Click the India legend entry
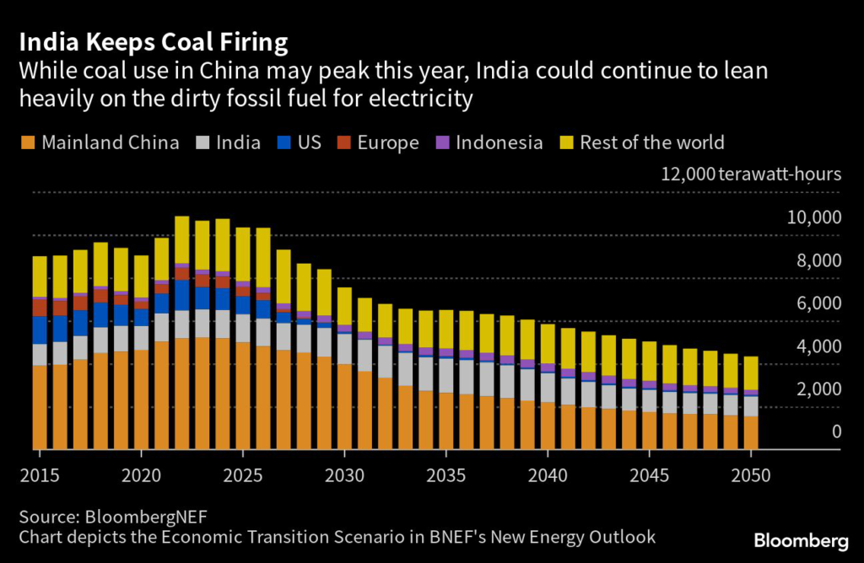click(x=227, y=142)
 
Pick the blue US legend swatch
click(x=283, y=142)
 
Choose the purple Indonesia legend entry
click(x=489, y=142)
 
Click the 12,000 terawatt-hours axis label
click(x=751, y=175)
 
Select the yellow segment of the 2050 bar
click(x=751, y=373)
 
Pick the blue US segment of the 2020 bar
click(x=141, y=317)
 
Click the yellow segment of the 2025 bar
click(x=243, y=254)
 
